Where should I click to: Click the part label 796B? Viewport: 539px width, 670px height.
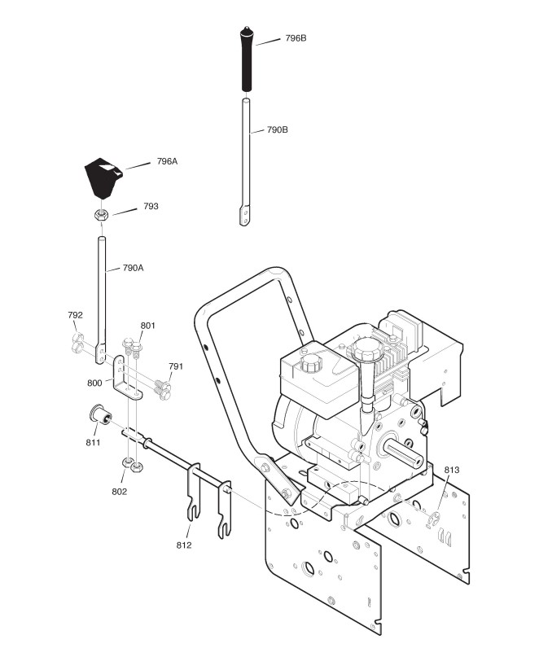pos(296,38)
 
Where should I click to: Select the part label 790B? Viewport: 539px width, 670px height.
pos(277,129)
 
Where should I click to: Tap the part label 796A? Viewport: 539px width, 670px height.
pos(167,161)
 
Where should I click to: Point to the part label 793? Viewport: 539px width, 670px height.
pos(151,206)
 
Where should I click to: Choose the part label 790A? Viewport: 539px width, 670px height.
pos(133,268)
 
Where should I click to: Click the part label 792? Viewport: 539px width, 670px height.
pos(75,315)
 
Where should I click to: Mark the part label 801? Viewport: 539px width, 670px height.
pos(148,326)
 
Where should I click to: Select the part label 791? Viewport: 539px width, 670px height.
pos(176,366)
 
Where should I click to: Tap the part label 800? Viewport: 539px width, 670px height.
pos(94,383)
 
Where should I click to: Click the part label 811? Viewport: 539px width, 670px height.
pos(93,442)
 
